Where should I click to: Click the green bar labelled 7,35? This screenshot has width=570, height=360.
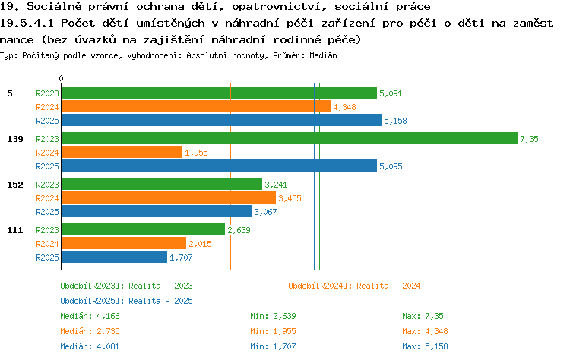290,138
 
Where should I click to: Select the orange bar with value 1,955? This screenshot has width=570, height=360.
122,152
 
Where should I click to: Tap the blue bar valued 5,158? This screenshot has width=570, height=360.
222,120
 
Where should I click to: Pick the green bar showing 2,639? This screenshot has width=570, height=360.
144,229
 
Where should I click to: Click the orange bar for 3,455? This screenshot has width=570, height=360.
169,197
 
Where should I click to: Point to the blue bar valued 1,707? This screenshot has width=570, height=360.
115,257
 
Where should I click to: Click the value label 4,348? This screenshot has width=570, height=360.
344,107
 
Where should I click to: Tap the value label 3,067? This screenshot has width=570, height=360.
265,212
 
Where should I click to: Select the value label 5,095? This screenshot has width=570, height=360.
391,166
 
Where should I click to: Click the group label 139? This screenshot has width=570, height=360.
15,139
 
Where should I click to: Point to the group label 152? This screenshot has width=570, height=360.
15,185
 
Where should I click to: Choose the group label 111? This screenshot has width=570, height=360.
15,230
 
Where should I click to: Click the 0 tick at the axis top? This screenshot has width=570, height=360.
61,78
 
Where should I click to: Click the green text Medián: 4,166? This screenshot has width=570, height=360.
90,316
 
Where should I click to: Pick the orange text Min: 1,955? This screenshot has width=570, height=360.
273,331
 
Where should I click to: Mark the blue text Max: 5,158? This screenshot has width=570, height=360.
425,346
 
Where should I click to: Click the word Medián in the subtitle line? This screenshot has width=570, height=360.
323,55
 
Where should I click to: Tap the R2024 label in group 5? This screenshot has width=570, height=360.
47,107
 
